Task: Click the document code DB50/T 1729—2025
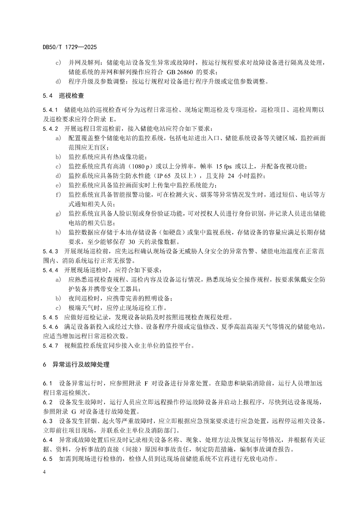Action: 69,47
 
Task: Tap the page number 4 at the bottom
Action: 44,472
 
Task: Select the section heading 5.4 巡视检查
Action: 63,96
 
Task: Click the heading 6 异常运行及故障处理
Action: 76,364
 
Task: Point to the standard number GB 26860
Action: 181,72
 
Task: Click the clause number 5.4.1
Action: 50,110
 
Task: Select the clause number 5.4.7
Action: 50,346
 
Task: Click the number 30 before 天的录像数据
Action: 132,242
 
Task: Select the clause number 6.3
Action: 48,421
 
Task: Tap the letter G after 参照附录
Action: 74,412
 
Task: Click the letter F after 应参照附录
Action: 146,383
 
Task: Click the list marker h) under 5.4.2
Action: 58,233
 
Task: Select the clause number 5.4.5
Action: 50,317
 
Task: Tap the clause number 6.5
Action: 48,459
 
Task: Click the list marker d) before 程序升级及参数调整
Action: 58,82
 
